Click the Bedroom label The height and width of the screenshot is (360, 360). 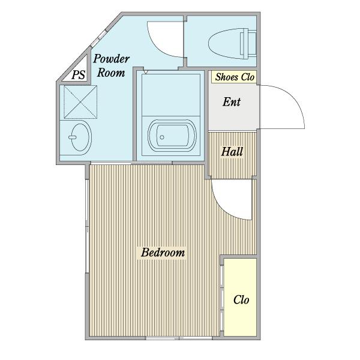click(163, 253)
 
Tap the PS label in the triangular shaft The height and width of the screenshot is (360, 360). click(78, 74)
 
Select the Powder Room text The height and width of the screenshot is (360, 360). click(111, 65)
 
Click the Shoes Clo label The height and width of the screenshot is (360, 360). click(235, 77)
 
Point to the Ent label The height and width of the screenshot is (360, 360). click(232, 102)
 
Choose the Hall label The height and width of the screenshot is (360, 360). click(232, 152)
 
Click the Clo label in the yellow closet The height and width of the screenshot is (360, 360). click(241, 299)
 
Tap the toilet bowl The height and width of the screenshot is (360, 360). click(224, 44)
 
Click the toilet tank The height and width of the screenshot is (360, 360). click(248, 43)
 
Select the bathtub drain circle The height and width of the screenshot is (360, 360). click(162, 137)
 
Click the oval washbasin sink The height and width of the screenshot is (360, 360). click(80, 137)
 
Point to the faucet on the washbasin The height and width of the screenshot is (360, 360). click(72, 137)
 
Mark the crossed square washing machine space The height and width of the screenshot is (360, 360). click(80, 102)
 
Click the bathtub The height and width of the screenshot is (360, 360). click(172, 136)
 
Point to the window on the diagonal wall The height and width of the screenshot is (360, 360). click(99, 38)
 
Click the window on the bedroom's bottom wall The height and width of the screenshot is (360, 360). click(179, 338)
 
